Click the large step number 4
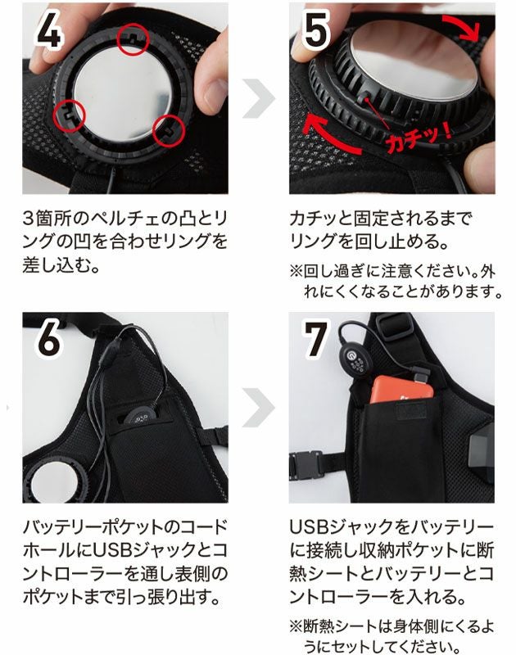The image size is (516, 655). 50,31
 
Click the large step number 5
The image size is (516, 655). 315,29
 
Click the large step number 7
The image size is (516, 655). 315,339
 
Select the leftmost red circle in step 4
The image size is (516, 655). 69,115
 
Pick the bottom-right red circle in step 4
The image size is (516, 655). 169,130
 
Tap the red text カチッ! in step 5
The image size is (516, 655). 418,138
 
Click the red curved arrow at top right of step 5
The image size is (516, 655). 464,25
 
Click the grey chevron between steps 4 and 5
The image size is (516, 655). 259,98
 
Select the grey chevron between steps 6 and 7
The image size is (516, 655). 259,407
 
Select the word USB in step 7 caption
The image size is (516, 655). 308,527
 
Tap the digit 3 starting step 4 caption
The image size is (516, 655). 29,218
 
